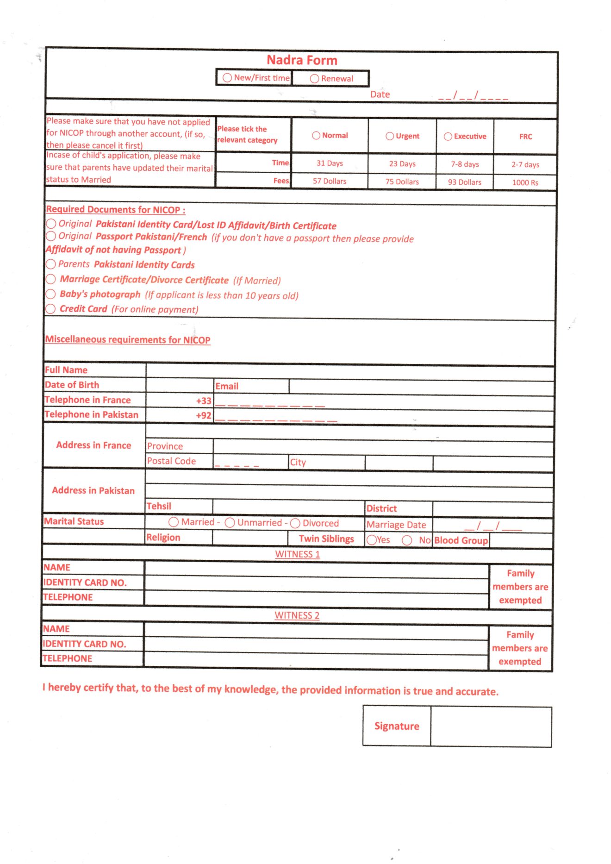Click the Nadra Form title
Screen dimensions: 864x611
click(x=302, y=60)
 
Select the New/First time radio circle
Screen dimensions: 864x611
click(x=227, y=78)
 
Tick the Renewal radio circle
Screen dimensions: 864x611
click(x=315, y=79)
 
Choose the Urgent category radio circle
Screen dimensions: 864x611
click(x=390, y=136)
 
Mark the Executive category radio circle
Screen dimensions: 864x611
click(x=448, y=137)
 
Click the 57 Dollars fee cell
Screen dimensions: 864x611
click(x=329, y=181)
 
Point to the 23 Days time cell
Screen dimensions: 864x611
click(x=402, y=164)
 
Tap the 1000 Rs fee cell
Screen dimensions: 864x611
click(x=525, y=182)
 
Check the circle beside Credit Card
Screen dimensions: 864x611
click(x=51, y=309)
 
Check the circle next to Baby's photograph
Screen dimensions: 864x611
click(x=51, y=294)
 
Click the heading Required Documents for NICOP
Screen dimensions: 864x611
click(x=115, y=210)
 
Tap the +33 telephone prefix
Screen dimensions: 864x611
click(x=204, y=401)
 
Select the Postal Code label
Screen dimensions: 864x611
click(x=171, y=461)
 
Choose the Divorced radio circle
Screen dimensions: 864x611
click(x=295, y=523)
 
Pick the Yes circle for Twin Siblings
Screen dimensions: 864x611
click(x=371, y=540)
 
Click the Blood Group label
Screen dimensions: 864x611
click(x=461, y=540)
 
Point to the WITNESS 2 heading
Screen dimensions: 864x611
click(x=297, y=615)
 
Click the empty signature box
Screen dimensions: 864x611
click(x=491, y=726)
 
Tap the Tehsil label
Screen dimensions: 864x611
click(x=159, y=506)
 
